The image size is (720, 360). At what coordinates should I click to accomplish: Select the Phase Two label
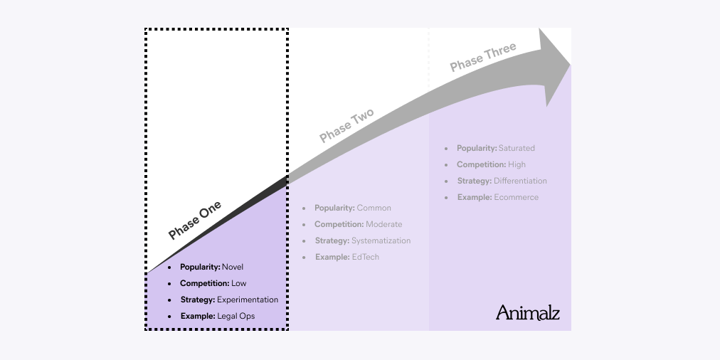(346, 126)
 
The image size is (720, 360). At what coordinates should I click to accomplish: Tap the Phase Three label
(483, 58)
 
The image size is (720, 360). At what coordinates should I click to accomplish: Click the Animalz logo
(527, 312)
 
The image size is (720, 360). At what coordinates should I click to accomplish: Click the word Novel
(233, 268)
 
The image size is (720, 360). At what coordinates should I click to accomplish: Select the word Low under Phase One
(238, 284)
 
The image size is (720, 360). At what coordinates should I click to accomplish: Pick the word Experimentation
(248, 300)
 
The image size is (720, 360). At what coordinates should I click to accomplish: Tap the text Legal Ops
(235, 316)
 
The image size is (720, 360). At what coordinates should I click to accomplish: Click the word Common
(374, 208)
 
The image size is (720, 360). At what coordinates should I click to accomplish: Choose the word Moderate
(383, 225)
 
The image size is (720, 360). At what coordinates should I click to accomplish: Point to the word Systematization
(381, 240)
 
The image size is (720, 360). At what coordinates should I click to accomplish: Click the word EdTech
(365, 257)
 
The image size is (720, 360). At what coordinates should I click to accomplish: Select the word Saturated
(517, 149)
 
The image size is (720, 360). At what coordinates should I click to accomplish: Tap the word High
(517, 165)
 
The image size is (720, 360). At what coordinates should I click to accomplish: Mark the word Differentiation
(520, 181)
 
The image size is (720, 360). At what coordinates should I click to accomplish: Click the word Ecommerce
(516, 197)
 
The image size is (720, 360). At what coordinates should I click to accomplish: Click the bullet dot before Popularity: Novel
(169, 268)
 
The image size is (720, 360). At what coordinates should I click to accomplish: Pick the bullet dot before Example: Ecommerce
(446, 197)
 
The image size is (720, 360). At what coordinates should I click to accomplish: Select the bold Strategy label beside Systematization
(332, 240)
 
